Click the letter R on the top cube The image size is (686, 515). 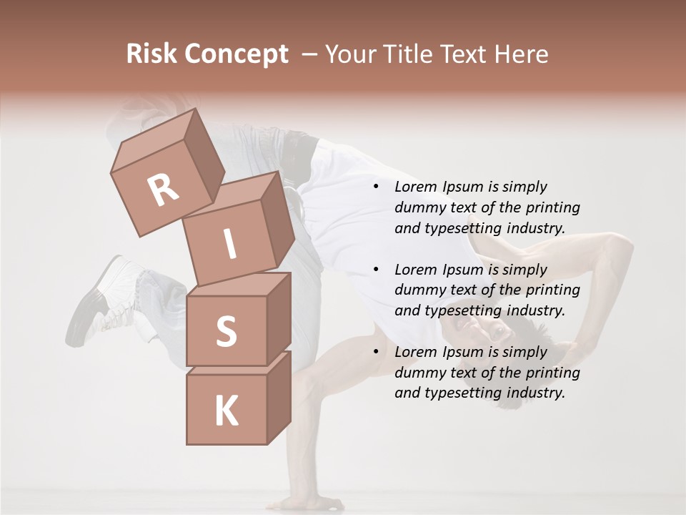pos(164,190)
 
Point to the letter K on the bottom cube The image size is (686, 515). pos(226,411)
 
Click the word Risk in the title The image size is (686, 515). pos(151,54)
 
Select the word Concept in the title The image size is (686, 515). pos(236,54)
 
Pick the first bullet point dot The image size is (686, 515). pos(376,187)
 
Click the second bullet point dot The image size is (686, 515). pos(376,270)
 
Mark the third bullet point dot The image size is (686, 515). pos(376,353)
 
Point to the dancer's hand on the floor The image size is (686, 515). pos(300,501)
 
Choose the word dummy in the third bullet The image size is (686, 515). pos(419,373)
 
